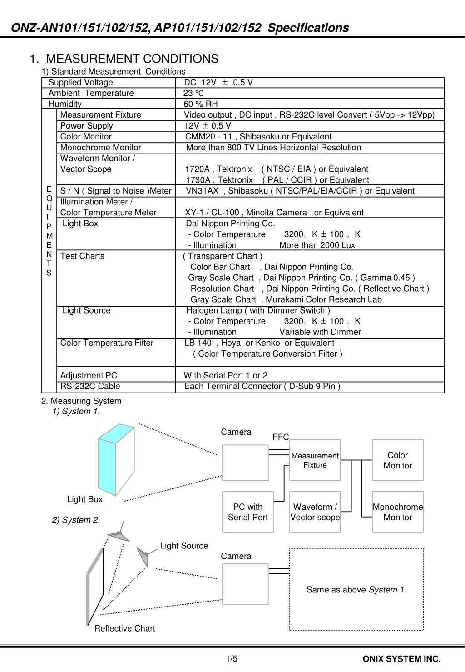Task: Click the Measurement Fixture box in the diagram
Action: (315, 460)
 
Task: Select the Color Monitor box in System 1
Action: (397, 460)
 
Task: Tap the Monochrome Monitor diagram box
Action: (397, 512)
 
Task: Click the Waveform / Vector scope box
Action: (315, 512)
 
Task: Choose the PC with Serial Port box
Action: (247, 512)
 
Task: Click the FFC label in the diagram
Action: (281, 437)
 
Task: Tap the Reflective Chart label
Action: (124, 628)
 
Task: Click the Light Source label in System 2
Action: (184, 546)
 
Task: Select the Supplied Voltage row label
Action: (81, 82)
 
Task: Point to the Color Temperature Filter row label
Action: (107, 343)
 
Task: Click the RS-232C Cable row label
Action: (90, 386)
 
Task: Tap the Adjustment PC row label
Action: (89, 375)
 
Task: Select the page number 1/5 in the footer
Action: (232, 659)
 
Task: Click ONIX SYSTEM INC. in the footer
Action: (401, 659)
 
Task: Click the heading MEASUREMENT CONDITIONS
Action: (132, 59)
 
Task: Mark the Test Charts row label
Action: (82, 256)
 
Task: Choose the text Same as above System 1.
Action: (356, 590)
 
